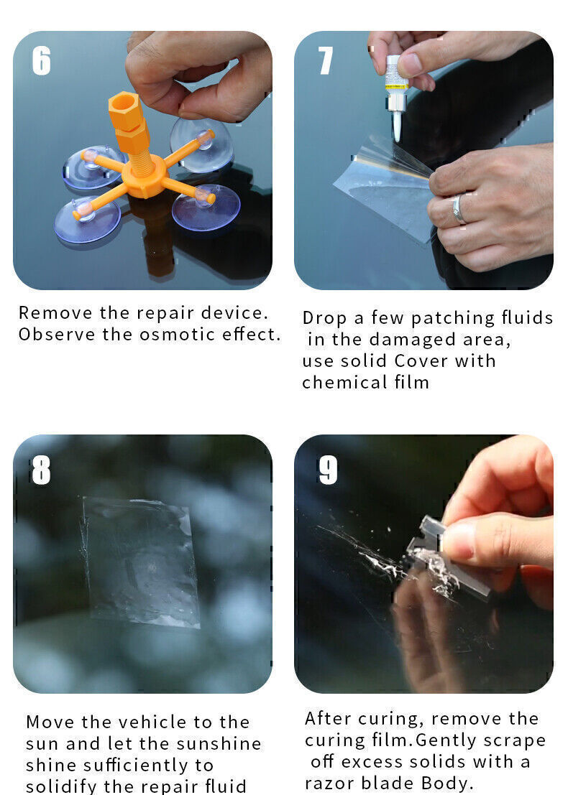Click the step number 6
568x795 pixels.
(x=42, y=61)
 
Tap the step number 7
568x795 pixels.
(x=326, y=61)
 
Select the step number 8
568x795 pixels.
(x=41, y=470)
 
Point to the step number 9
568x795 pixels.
(x=328, y=470)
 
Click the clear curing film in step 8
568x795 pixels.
(x=141, y=560)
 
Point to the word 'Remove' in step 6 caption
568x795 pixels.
(x=45, y=313)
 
